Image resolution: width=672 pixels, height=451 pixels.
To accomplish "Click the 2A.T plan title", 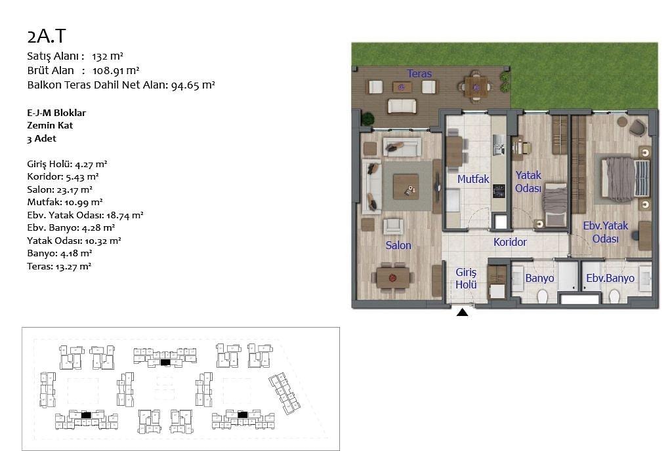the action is [47, 36].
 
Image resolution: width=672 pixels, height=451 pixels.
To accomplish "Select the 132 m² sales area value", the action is [108, 56].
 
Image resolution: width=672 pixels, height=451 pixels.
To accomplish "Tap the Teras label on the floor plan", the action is [419, 73].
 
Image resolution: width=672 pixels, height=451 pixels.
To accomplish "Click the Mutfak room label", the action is [473, 179].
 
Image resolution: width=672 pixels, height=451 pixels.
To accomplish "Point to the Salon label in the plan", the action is [398, 245].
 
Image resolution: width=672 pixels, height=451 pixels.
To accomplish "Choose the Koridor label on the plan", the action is [510, 242].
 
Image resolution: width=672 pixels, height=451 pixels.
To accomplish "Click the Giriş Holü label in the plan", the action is [466, 279].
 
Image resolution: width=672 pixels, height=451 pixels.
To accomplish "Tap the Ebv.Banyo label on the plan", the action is [610, 278].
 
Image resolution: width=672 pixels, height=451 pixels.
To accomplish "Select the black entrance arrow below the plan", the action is [462, 313].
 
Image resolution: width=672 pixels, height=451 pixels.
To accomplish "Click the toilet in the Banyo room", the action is [542, 296].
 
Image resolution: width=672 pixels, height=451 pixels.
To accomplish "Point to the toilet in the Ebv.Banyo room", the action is [614, 296].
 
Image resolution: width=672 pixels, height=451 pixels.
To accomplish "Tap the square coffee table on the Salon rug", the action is [406, 187].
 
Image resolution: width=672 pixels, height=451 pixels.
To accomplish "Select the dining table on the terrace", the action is [475, 87].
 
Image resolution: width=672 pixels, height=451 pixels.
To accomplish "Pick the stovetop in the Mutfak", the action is [499, 191].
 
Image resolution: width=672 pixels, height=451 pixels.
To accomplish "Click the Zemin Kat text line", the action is [50, 125].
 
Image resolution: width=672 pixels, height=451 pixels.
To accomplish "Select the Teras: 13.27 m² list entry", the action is [59, 266].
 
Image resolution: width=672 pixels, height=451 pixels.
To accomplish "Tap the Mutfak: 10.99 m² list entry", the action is [65, 202].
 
